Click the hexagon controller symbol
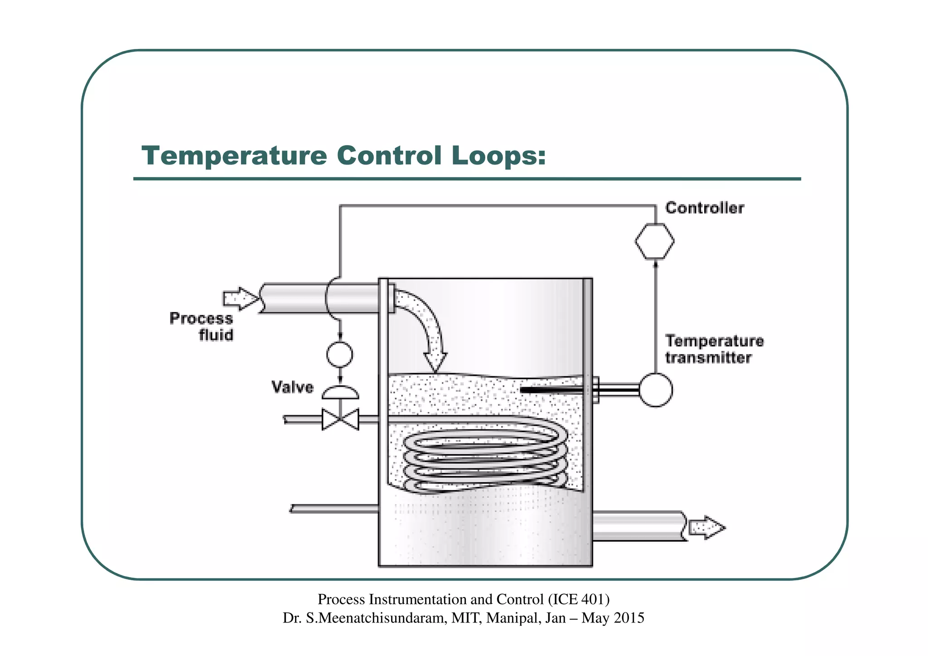pyautogui.click(x=654, y=241)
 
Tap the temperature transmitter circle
pyautogui.click(x=656, y=390)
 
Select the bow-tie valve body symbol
pyautogui.click(x=340, y=419)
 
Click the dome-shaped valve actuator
pyautogui.click(x=340, y=393)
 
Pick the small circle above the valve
pyautogui.click(x=340, y=354)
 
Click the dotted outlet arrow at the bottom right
pyautogui.click(x=706, y=528)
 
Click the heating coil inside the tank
pyautogui.click(x=485, y=458)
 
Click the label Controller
pyautogui.click(x=705, y=208)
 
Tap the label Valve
pyautogui.click(x=293, y=387)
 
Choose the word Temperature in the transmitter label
pyautogui.click(x=714, y=341)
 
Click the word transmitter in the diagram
pyautogui.click(x=708, y=358)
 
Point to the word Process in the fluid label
pyautogui.click(x=201, y=318)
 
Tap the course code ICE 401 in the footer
pyautogui.click(x=578, y=599)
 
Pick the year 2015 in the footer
pyautogui.click(x=628, y=618)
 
